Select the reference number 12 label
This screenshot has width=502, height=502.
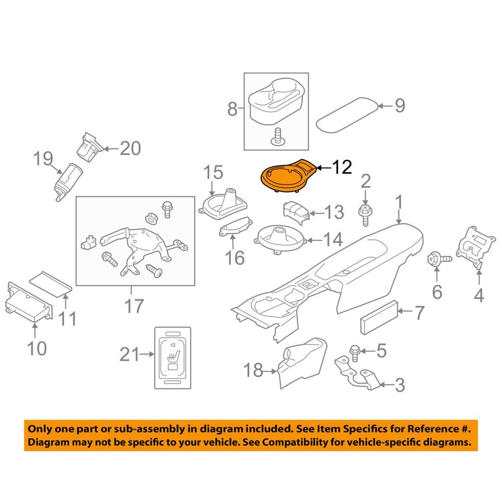[x=343, y=168]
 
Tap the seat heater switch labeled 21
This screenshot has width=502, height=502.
[x=172, y=355]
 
